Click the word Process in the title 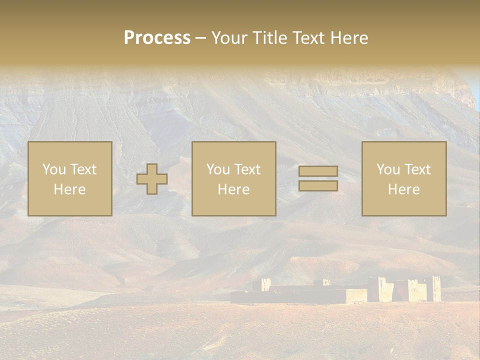pyautogui.click(x=157, y=38)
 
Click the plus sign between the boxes pyautogui.click(x=152, y=178)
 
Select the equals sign pyautogui.click(x=318, y=178)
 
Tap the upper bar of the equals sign pyautogui.click(x=318, y=171)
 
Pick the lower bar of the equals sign pyautogui.click(x=318, y=185)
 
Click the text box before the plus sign pyautogui.click(x=70, y=178)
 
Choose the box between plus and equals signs pyautogui.click(x=234, y=178)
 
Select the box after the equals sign pyautogui.click(x=404, y=178)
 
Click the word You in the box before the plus pyautogui.click(x=54, y=169)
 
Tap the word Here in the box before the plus pyautogui.click(x=70, y=189)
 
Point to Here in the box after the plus pyautogui.click(x=234, y=189)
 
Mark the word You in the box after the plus pyautogui.click(x=218, y=169)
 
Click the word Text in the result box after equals pyautogui.click(x=418, y=169)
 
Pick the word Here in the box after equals pyautogui.click(x=404, y=189)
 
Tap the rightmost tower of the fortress pyautogui.click(x=433, y=288)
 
